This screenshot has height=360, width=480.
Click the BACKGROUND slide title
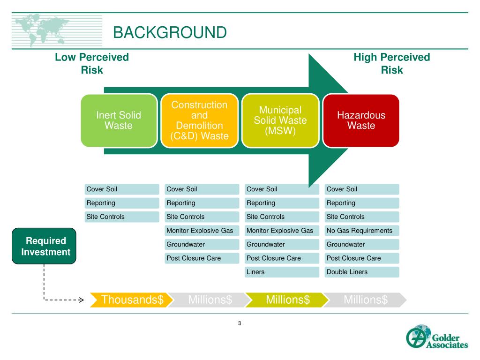coord(170,32)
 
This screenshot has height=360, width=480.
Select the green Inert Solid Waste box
coord(119,120)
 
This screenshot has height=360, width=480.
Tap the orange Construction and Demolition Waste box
coord(200,120)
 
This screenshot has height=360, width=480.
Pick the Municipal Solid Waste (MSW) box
coord(280,120)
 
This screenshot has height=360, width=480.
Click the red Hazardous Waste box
coord(361,120)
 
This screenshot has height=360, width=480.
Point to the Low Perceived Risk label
coord(92,64)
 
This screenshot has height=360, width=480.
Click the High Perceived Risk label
coord(391,64)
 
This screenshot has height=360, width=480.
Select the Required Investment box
coord(44,246)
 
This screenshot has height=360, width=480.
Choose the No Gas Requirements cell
coord(361,231)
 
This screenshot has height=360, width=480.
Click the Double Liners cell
coord(361,272)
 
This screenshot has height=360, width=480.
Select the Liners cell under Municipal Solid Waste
coord(282,272)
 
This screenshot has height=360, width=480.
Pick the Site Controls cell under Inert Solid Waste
coord(122,217)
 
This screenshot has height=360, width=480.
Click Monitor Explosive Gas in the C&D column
coord(202,231)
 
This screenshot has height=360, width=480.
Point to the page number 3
coord(240,323)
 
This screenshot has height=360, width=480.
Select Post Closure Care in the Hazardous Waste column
coord(361,258)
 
